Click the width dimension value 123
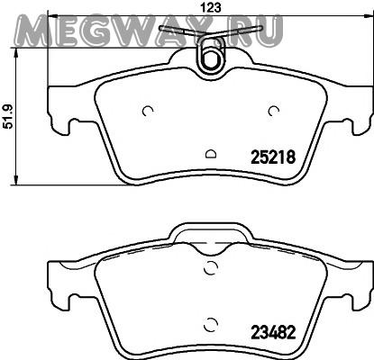pyautogui.click(x=211, y=8)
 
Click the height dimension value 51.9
pyautogui.click(x=8, y=116)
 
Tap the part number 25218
pyautogui.click(x=273, y=157)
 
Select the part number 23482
pyautogui.click(x=273, y=332)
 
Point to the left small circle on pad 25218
pyautogui.click(x=148, y=111)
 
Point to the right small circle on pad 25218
pyautogui.click(x=274, y=111)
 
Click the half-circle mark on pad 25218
pyautogui.click(x=211, y=154)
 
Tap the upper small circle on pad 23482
pyautogui.click(x=210, y=267)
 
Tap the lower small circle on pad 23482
pyautogui.click(x=210, y=323)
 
